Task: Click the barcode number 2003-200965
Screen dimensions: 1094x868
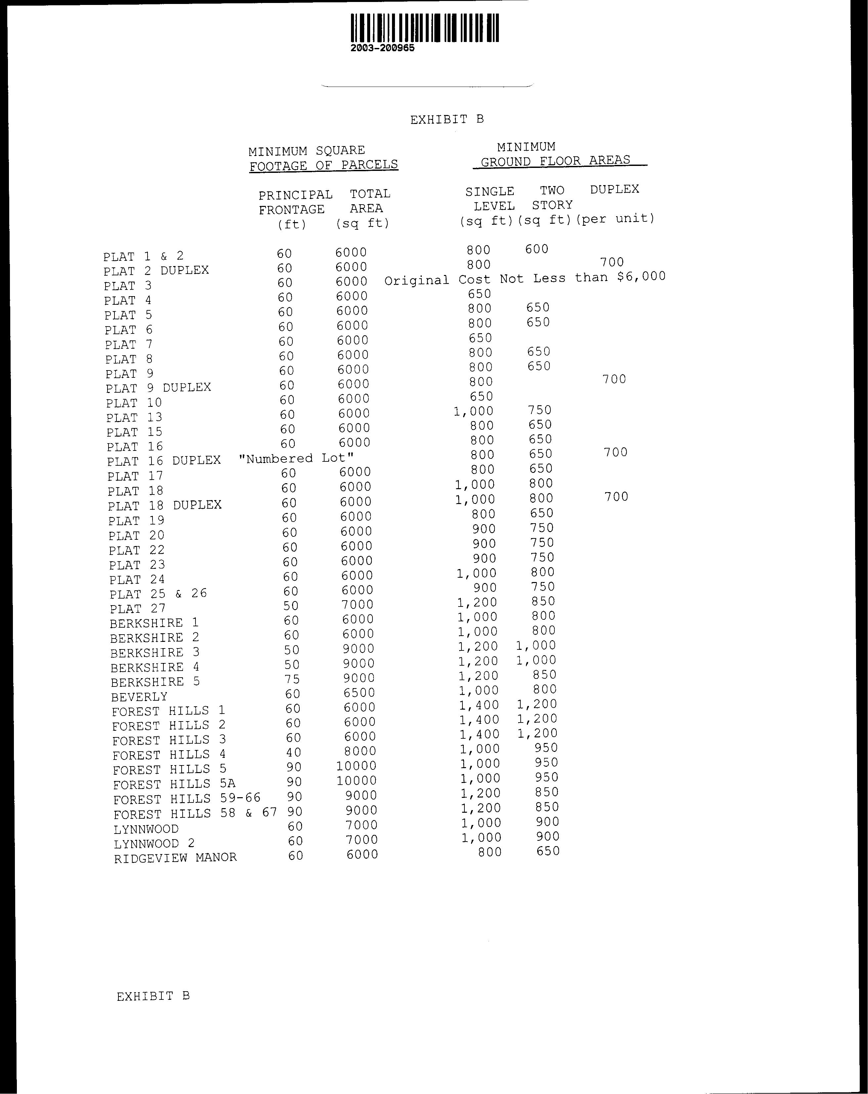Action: pyautogui.click(x=382, y=48)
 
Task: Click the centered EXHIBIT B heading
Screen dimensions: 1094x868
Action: pyautogui.click(x=447, y=119)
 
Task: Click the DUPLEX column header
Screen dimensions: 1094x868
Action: pyautogui.click(x=615, y=189)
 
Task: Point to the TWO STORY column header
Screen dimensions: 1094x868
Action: pyautogui.click(x=552, y=198)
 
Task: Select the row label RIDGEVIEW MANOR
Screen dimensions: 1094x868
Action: pyautogui.click(x=175, y=858)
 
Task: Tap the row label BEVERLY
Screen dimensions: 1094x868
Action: pyautogui.click(x=139, y=697)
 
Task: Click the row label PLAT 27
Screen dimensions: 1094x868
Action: pyautogui.click(x=138, y=608)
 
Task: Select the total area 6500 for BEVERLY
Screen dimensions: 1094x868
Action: pyautogui.click(x=359, y=693)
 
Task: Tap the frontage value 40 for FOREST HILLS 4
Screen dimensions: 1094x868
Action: pyautogui.click(x=293, y=752)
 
